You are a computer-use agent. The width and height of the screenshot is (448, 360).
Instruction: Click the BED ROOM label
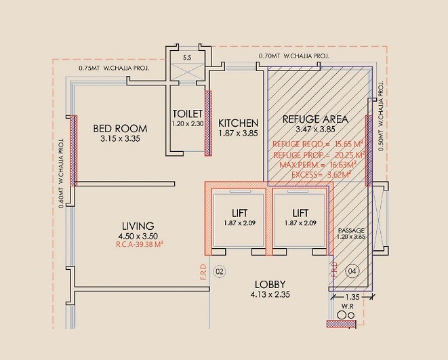(x=120, y=128)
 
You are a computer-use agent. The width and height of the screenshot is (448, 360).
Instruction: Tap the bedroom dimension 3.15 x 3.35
(x=120, y=140)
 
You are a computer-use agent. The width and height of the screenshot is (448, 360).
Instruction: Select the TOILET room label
(x=187, y=114)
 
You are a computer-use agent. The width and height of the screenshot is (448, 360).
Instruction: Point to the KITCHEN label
(x=238, y=123)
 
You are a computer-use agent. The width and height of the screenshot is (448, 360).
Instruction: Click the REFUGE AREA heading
(x=316, y=119)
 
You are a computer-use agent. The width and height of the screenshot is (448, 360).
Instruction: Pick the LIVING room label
(x=138, y=226)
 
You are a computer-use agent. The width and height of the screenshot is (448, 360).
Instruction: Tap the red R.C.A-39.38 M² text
(x=138, y=245)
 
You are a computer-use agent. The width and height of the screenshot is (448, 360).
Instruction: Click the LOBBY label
(x=270, y=284)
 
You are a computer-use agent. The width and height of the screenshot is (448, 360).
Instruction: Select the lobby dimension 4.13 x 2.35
(x=270, y=295)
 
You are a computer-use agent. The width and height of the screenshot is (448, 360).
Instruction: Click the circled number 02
(x=219, y=272)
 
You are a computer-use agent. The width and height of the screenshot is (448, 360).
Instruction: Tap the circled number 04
(x=352, y=272)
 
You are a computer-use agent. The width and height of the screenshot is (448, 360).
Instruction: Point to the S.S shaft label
(x=187, y=58)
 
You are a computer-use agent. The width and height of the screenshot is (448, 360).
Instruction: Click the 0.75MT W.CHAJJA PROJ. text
(x=113, y=68)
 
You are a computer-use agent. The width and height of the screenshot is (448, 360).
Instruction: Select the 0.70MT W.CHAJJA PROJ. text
(x=293, y=56)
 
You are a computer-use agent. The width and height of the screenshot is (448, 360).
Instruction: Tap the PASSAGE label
(x=351, y=231)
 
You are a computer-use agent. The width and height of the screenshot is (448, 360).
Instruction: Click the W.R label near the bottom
(x=347, y=304)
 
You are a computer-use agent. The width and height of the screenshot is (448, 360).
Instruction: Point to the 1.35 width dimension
(x=351, y=296)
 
